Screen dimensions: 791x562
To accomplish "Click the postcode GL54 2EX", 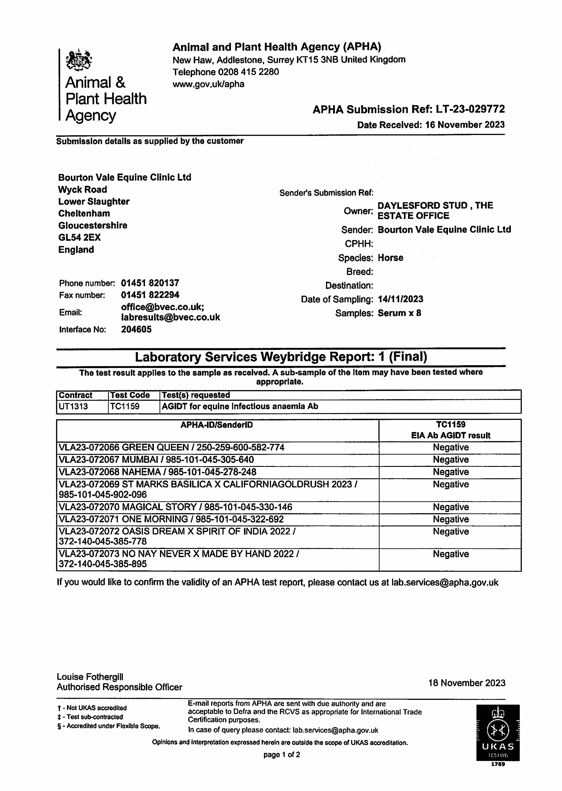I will coord(79,237).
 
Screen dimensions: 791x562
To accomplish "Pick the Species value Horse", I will coord(390,258).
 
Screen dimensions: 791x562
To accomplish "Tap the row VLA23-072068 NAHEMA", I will coord(157,472).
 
